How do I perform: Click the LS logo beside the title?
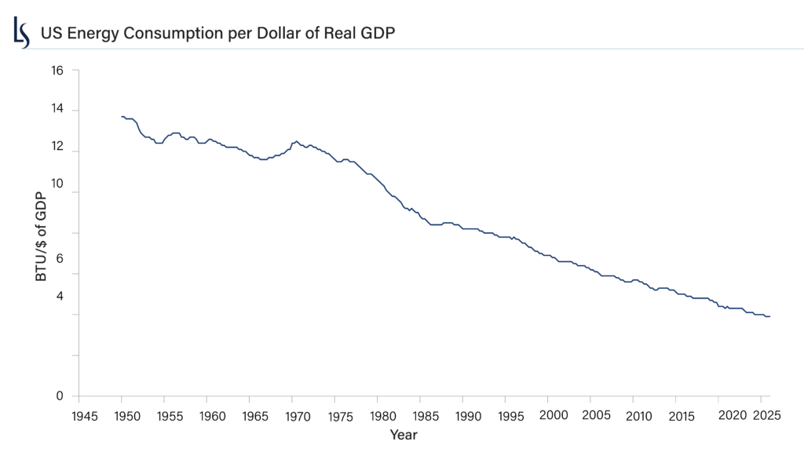tap(21, 33)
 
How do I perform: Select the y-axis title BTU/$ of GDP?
tap(42, 231)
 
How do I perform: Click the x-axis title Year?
tap(404, 434)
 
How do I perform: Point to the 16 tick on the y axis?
tap(57, 70)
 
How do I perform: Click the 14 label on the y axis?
tap(57, 111)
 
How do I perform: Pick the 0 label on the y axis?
tap(60, 396)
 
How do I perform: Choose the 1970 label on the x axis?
tap(294, 416)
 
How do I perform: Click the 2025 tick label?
tap(764, 414)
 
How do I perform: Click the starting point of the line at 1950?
tap(122, 116)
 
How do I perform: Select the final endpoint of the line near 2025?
tap(769, 316)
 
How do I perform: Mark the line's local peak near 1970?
tap(295, 141)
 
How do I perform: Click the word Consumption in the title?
tap(169, 35)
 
